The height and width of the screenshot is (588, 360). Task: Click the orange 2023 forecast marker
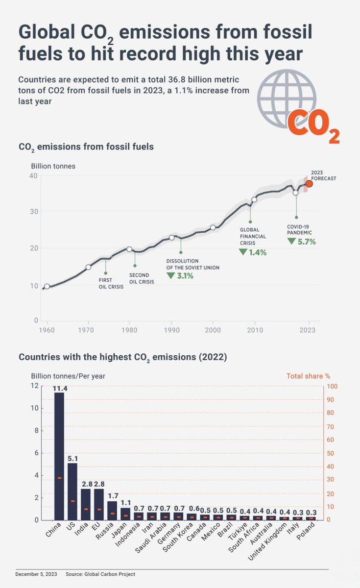[309, 184]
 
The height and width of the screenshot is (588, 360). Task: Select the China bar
[59, 456]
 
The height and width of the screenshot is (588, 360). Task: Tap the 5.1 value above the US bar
[72, 459]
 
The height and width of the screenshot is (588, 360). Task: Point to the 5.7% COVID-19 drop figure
[306, 242]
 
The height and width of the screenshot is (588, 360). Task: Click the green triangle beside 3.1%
[170, 276]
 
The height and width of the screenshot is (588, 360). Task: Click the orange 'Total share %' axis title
[308, 376]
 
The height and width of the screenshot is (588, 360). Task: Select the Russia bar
[112, 510]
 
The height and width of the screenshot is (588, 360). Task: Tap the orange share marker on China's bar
[59, 478]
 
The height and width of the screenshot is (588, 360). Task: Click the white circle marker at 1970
[89, 267]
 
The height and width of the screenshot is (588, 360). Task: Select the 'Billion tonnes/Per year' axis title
[68, 376]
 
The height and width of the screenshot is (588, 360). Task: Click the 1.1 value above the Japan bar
[125, 503]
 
